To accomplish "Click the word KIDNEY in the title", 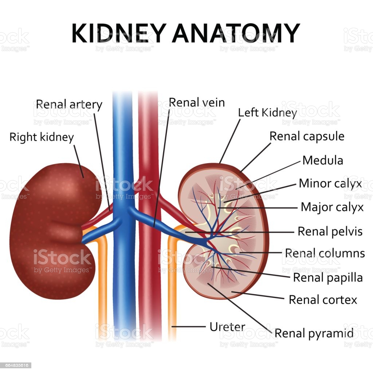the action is coord(119,33).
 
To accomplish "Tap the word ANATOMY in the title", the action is coord(236,33).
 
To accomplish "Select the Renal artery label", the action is coord(69,105).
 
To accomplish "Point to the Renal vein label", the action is coord(197,103).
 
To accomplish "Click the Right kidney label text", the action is coord(42,138).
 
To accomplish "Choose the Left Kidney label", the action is coord(268,113).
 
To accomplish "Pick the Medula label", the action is coord(323,160).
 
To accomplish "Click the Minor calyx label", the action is coord(330,184).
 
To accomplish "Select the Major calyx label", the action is coord(332,207).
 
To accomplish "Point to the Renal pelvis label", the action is coord(330,231).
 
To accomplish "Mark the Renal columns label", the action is coord(325,253).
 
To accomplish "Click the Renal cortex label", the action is coord(323,300).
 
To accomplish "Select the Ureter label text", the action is coord(227,327).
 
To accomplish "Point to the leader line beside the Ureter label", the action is coord(188,327).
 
